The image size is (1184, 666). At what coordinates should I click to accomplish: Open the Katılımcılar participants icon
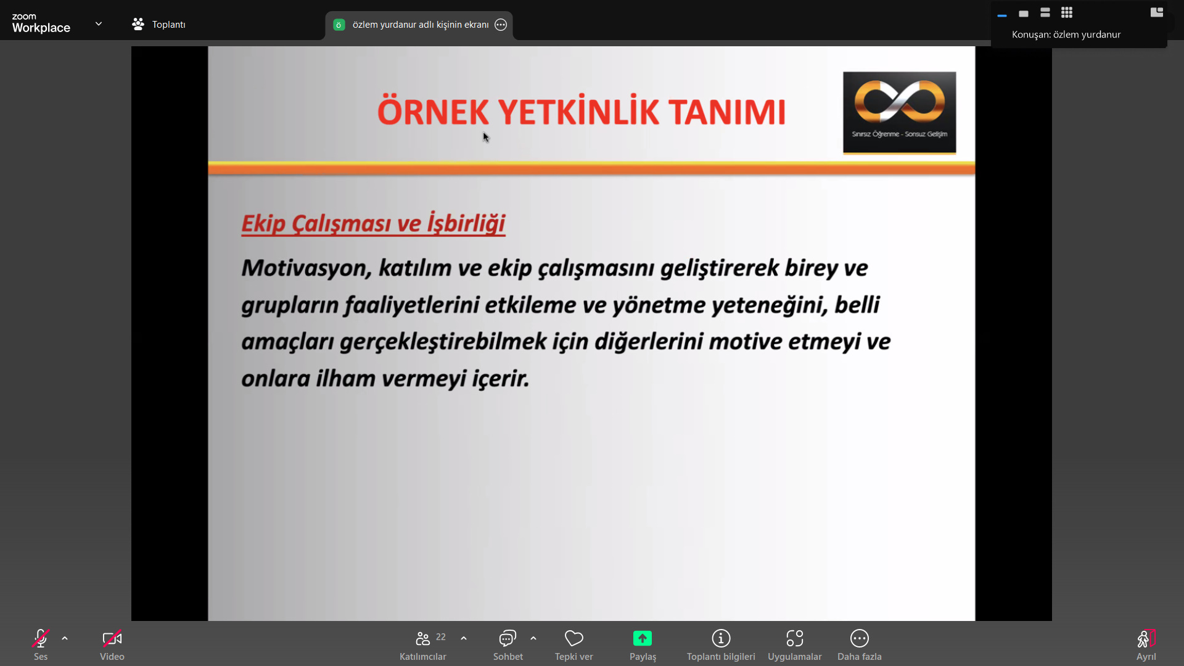coord(423,638)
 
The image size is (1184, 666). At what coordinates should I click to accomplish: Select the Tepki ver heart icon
coord(574,638)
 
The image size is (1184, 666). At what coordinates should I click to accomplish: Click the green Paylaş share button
coord(643,638)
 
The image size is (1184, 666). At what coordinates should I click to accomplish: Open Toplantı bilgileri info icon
coord(721,638)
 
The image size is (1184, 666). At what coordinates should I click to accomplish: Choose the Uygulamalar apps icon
coord(795,638)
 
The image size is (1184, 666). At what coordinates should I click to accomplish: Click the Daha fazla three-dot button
coord(860,638)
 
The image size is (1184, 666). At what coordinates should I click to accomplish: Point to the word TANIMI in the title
coord(727,112)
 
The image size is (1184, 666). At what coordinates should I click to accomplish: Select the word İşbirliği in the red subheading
coord(466,224)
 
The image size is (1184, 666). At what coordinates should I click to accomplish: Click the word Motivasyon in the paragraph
coord(306,268)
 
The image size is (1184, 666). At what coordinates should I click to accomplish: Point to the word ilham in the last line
coord(346,378)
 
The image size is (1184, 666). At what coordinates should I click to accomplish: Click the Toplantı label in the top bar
coord(168,25)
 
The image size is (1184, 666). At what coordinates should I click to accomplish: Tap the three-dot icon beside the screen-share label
coord(501,25)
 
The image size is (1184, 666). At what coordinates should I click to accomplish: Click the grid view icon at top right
coord(1067,12)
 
